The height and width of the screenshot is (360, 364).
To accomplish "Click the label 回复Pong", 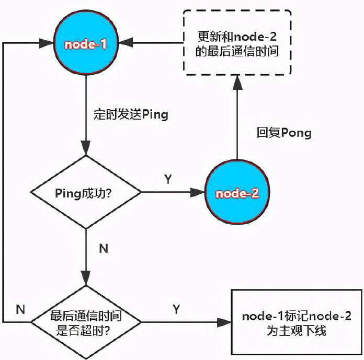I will coord(284,133).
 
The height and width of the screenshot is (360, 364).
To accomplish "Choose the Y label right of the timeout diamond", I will coord(176,309).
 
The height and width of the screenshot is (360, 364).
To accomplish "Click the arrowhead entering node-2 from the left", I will coord(197,193).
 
